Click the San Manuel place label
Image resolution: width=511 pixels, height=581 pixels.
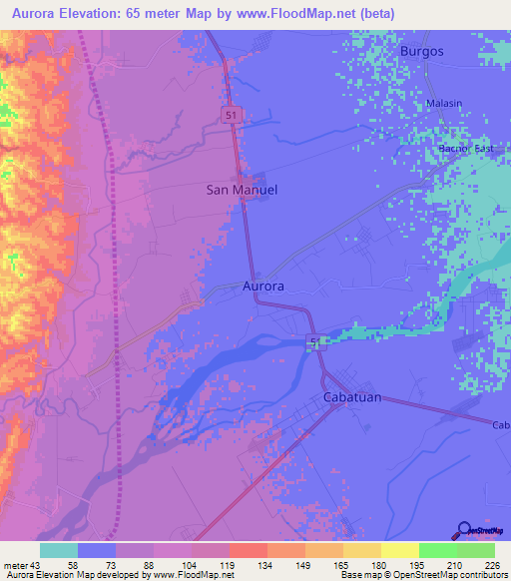click(x=242, y=189)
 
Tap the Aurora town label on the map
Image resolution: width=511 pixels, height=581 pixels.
click(x=263, y=286)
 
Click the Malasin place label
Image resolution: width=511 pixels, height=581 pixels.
click(x=444, y=104)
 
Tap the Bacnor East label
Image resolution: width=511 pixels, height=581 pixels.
click(x=466, y=149)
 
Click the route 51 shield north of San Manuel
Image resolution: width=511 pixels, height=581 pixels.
click(x=231, y=116)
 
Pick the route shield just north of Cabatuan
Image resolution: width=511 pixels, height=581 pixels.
click(x=314, y=342)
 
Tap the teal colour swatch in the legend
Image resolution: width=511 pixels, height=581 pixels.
click(x=59, y=550)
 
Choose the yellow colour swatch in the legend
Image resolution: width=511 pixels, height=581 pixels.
click(x=399, y=550)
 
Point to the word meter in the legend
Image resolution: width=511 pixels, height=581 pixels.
click(x=16, y=566)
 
